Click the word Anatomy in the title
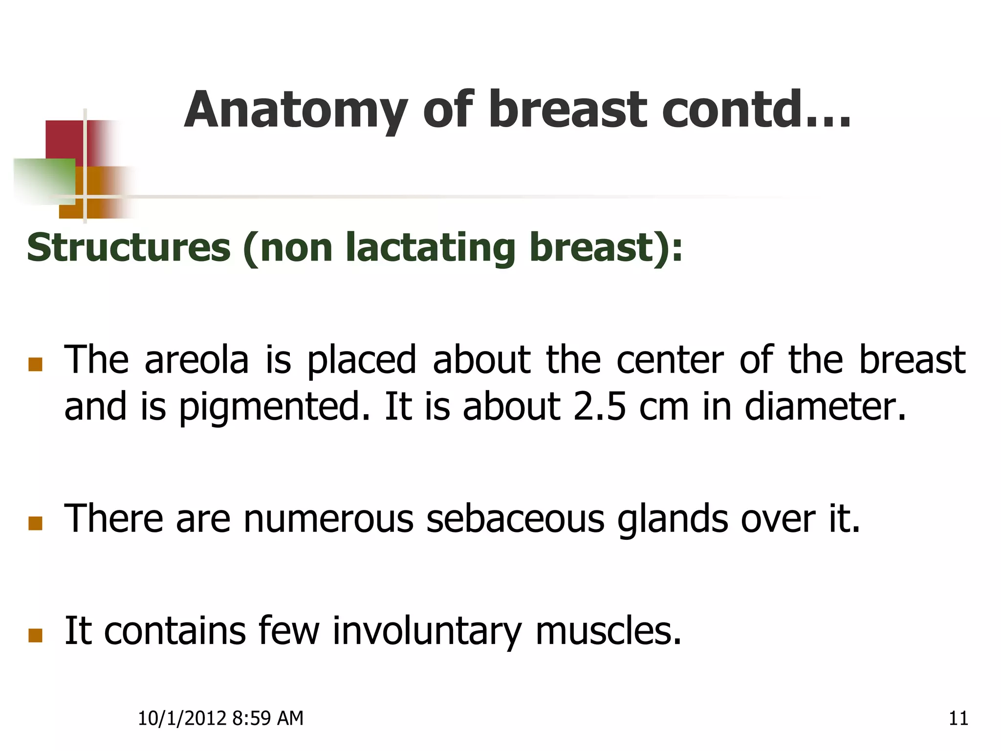click(x=296, y=111)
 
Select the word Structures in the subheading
click(x=129, y=247)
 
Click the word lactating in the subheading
click(x=430, y=247)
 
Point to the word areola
click(x=196, y=360)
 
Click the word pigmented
click(x=274, y=407)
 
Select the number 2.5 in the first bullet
click(x=599, y=407)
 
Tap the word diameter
click(x=825, y=407)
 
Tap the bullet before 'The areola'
click(x=35, y=364)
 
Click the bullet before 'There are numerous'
click(x=35, y=524)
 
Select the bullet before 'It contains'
click(x=35, y=635)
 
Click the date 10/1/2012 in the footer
click(x=182, y=718)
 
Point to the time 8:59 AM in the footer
click(x=267, y=718)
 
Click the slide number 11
click(x=958, y=718)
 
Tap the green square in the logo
click(x=44, y=181)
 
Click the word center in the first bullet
click(x=670, y=360)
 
